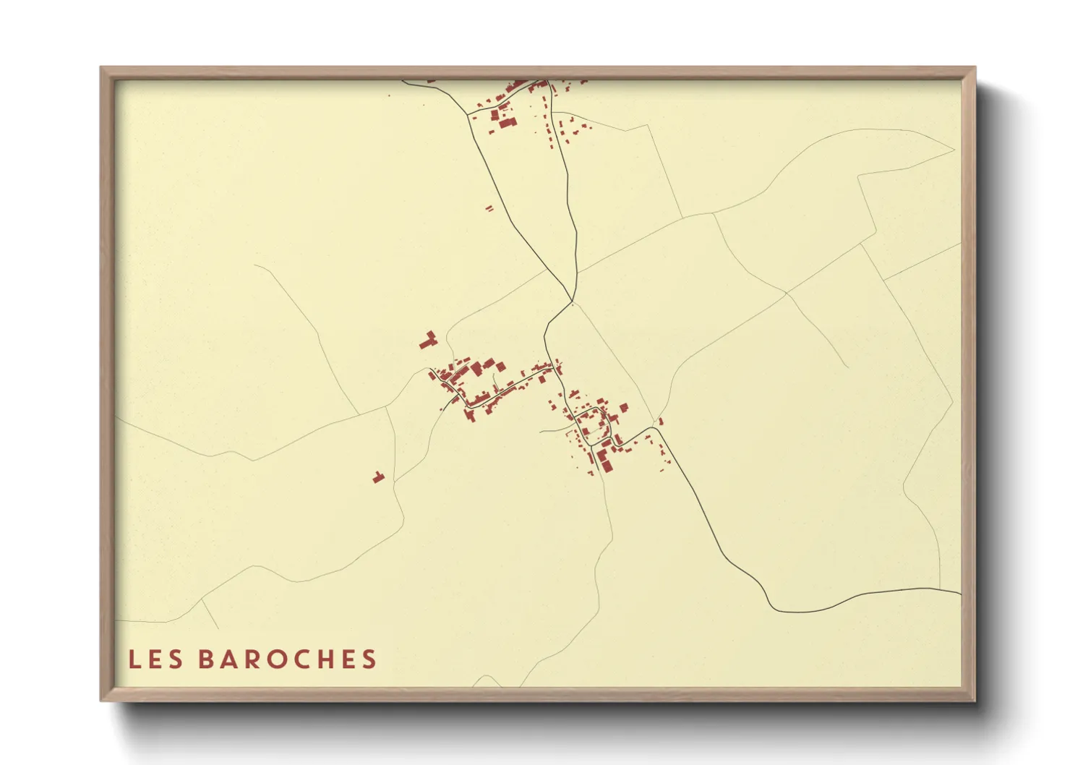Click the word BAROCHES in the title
point(287,659)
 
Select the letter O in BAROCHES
point(275,659)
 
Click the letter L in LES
point(134,659)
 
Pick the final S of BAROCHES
point(370,659)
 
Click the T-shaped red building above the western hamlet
point(429,340)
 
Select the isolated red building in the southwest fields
point(377,477)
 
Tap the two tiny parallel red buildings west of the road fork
point(489,208)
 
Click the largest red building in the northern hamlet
point(506,122)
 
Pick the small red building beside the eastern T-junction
point(661,421)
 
